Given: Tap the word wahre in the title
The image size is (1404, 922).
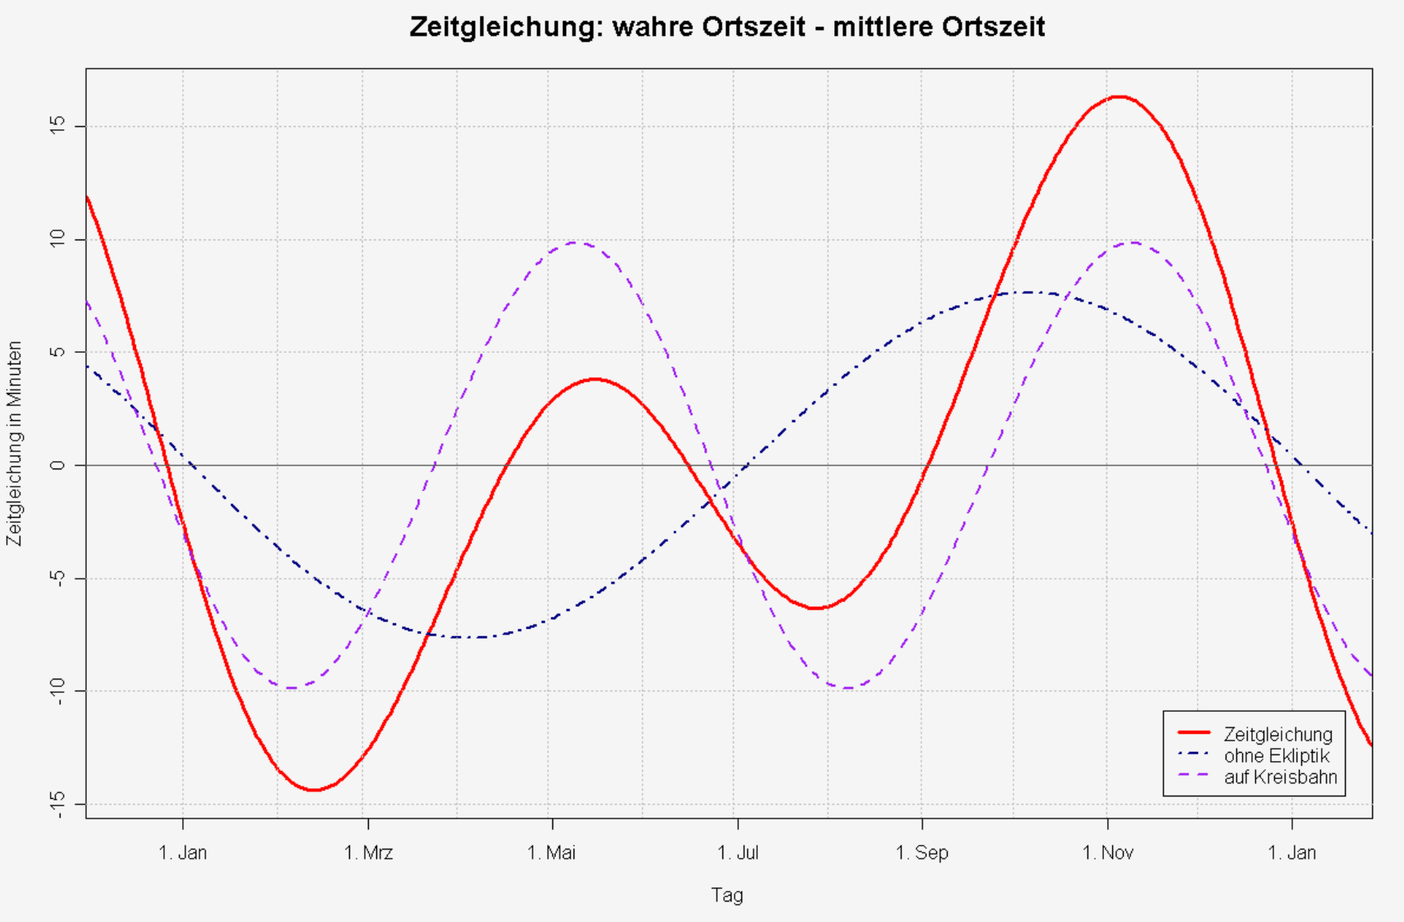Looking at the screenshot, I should coord(654,27).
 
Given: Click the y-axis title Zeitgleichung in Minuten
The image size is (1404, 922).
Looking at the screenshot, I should coord(14,444).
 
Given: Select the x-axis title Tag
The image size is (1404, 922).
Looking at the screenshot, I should coord(727,896).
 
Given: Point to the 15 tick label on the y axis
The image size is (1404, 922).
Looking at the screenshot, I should coord(57,126).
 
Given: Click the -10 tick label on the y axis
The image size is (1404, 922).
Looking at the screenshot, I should coord(57,691).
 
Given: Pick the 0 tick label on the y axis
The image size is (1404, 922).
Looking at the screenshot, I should coord(57,465).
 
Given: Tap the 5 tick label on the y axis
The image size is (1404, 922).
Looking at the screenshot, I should coord(57,352).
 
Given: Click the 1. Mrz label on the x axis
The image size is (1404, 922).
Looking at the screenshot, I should coord(368,853).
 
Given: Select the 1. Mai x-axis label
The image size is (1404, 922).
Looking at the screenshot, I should coord(552,853).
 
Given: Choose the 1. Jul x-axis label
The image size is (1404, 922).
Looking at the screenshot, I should coord(738,853).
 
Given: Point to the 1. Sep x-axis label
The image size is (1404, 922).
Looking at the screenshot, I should coord(922,853).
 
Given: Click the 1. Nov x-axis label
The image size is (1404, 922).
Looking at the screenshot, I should coord(1108,853).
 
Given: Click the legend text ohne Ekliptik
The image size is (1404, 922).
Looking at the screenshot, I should coord(1276,756).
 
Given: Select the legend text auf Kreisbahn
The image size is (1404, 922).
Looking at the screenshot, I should coord(1280,777).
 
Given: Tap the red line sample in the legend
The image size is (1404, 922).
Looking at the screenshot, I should coord(1194,733).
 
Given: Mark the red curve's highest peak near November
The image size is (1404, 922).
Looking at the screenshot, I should coord(1119,97).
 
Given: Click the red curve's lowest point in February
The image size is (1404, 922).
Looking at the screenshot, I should coord(314,790).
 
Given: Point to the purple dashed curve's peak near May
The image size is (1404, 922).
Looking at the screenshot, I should coord(575,243).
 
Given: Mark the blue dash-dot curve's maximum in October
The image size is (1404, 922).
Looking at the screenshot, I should coord(1029,292).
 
